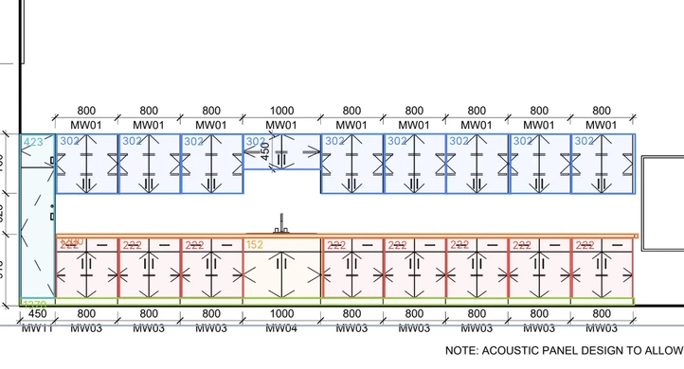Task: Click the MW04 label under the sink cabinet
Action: coord(281,328)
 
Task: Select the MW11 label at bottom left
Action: coord(37,328)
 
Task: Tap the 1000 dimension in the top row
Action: coord(281,111)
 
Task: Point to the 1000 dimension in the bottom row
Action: coord(281,314)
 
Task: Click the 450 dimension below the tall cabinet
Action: coord(37,314)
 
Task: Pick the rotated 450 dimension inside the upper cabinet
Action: coord(266,151)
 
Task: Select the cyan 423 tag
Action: coord(33,143)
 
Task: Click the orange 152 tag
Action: coord(255,245)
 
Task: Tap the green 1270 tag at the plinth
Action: coord(33,305)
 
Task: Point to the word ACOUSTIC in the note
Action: coord(523,351)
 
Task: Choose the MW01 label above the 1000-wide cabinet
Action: coord(281,125)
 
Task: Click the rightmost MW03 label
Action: coord(602,328)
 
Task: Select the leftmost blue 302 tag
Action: coord(69,141)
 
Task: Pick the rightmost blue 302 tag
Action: coord(583,141)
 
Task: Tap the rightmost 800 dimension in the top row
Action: coord(602,111)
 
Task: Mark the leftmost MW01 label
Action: coord(86,125)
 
